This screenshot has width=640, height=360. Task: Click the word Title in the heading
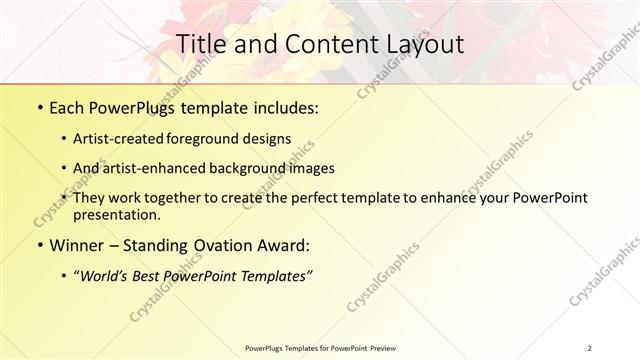[x=200, y=44]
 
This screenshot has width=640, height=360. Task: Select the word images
[x=311, y=168]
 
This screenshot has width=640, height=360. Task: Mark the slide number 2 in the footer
[x=590, y=348]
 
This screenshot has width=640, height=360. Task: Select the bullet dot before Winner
[x=39, y=245]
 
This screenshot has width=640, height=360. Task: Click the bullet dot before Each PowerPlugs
[x=39, y=108]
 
